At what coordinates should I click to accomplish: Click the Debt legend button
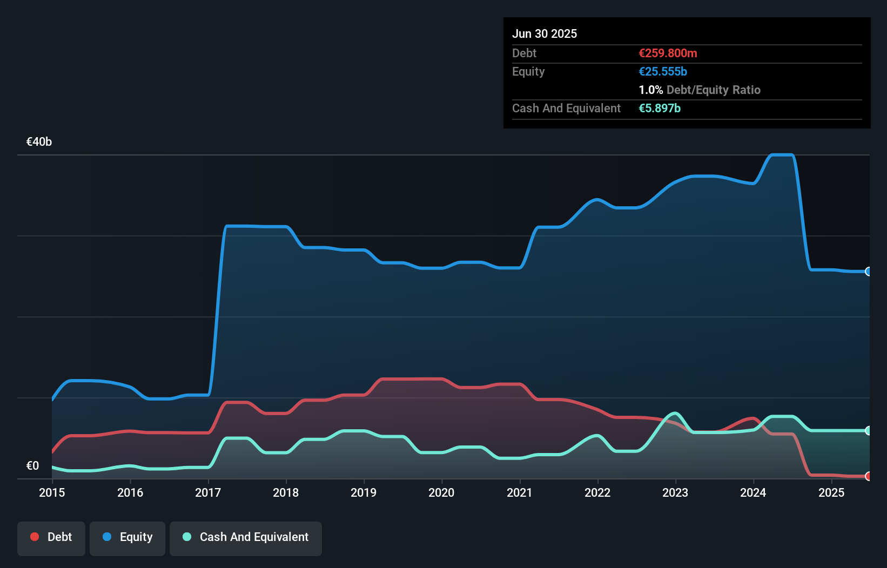click(x=51, y=537)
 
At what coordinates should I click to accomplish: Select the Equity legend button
click(x=127, y=537)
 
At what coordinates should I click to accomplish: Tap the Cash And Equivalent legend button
click(x=246, y=537)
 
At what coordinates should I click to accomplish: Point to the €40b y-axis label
click(x=39, y=142)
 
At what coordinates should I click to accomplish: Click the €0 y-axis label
click(x=32, y=466)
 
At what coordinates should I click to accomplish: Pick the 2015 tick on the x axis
click(x=52, y=492)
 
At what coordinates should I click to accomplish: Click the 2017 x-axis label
click(x=208, y=492)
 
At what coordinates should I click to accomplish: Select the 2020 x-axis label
click(x=441, y=492)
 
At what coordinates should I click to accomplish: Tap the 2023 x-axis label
click(x=675, y=492)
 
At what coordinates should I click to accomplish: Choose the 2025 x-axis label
click(x=831, y=492)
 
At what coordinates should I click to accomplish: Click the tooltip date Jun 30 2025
click(x=545, y=34)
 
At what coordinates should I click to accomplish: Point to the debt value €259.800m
click(x=668, y=53)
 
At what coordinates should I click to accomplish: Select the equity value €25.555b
click(x=663, y=72)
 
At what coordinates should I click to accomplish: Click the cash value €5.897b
click(x=660, y=109)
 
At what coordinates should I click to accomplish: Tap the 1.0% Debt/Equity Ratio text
click(x=700, y=90)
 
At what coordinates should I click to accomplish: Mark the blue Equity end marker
click(x=869, y=272)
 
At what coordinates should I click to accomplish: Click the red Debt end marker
click(x=869, y=476)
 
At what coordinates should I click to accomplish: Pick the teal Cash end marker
click(x=869, y=431)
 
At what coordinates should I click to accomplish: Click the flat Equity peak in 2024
click(x=782, y=155)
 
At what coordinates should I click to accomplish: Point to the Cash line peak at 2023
click(x=675, y=414)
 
